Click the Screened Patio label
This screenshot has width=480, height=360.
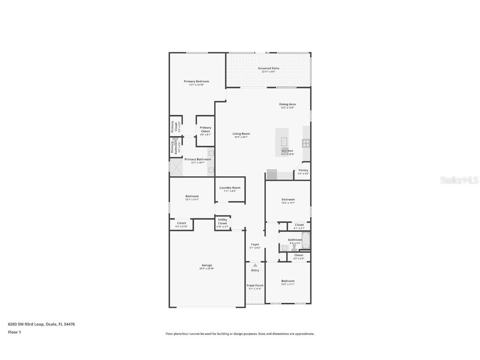(x=268, y=68)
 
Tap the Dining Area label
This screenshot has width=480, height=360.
(x=287, y=104)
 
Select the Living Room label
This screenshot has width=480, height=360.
(x=241, y=134)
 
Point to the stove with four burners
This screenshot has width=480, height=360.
(x=306, y=143)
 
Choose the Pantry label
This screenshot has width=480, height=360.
(x=303, y=170)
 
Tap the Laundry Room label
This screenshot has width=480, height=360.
(x=230, y=188)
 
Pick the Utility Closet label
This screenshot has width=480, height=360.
(x=222, y=221)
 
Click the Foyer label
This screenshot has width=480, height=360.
(x=255, y=245)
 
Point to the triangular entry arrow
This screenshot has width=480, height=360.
(x=255, y=265)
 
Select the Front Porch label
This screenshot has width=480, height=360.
(x=255, y=285)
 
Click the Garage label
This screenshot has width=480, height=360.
(x=207, y=265)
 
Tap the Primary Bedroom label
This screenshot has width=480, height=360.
(x=196, y=81)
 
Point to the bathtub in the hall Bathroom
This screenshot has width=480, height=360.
(x=305, y=240)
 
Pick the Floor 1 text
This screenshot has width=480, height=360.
(x=14, y=332)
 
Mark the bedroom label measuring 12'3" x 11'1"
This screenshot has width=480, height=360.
(x=287, y=281)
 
